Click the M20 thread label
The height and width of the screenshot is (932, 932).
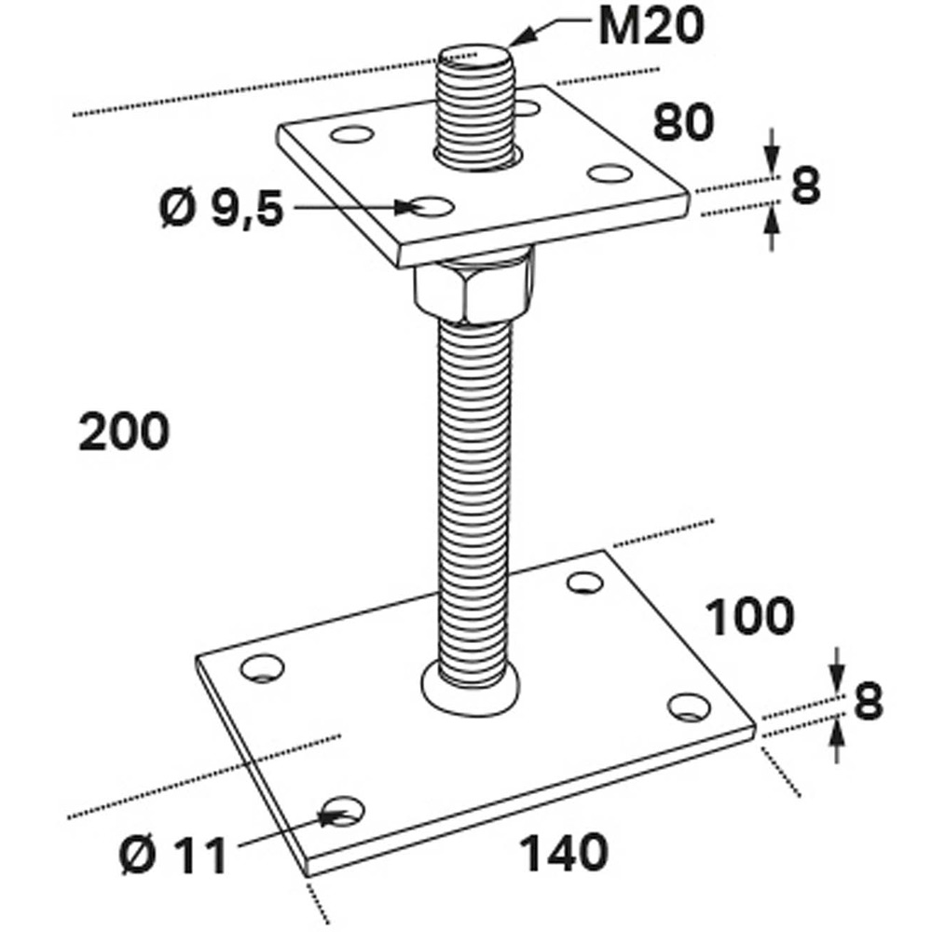651,27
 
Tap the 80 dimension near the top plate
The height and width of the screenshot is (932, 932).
683,122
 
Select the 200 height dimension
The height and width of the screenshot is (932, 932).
124,432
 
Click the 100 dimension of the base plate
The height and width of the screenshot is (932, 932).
749,616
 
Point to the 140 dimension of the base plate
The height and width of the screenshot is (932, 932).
564,853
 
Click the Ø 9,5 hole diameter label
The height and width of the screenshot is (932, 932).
222,209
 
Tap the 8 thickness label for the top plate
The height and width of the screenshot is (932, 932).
805,185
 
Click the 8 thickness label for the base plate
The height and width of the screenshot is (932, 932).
869,702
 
